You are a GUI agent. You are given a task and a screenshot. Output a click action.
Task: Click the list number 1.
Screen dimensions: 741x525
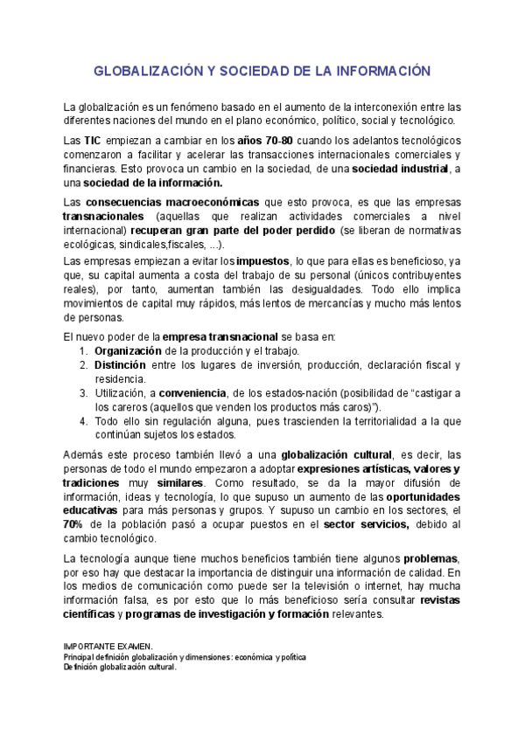pos(83,351)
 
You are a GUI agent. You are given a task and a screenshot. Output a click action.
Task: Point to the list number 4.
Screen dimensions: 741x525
pos(83,421)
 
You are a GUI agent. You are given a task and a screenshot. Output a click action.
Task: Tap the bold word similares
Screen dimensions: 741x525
pos(178,482)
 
